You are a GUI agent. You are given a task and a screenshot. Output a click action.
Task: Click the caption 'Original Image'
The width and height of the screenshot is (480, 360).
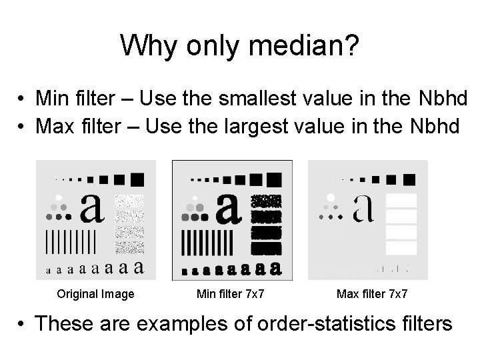(x=95, y=294)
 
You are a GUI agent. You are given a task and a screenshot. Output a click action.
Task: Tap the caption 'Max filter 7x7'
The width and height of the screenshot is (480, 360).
(x=373, y=294)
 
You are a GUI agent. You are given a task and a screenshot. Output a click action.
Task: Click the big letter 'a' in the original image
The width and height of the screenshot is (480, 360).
(x=92, y=208)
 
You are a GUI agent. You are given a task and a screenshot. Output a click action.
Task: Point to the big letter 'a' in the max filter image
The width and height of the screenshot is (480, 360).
(x=364, y=208)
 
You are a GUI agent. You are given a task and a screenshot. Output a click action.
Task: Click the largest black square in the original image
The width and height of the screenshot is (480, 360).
(x=137, y=178)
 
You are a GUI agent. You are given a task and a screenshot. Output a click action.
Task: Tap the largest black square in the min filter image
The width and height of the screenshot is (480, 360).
(x=274, y=178)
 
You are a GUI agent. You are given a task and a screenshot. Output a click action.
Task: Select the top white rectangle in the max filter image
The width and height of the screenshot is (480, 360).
(x=401, y=200)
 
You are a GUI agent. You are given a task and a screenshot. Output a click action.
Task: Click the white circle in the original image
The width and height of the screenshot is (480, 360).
(x=59, y=198)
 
